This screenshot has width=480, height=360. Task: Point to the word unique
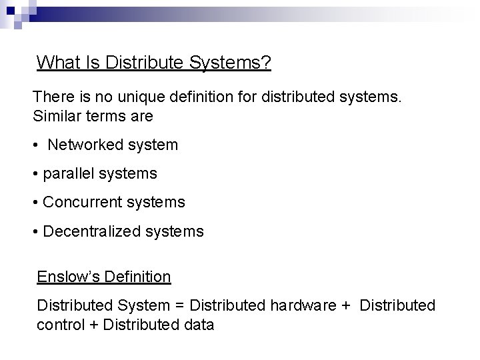pyautogui.click(x=129, y=97)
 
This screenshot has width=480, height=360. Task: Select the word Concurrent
pyautogui.click(x=82, y=201)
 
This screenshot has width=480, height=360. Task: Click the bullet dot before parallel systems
pyautogui.click(x=35, y=175)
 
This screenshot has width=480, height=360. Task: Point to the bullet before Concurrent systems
pyautogui.click(x=35, y=202)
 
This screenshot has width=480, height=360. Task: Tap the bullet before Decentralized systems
pyautogui.click(x=35, y=231)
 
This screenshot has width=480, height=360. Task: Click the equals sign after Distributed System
pyautogui.click(x=179, y=306)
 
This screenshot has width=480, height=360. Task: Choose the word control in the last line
pyautogui.click(x=59, y=325)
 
